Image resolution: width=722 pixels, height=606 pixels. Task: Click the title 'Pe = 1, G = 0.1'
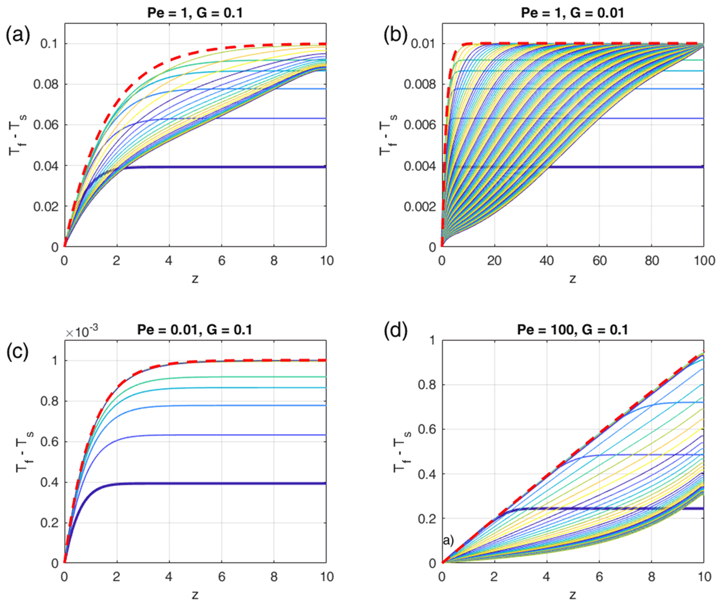pos(195,13)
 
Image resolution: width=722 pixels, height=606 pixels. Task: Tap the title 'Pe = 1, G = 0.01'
pos(573,13)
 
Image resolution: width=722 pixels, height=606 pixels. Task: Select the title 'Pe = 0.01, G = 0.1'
pos(195,330)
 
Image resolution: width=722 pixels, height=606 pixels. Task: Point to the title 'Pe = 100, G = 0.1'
pos(573,330)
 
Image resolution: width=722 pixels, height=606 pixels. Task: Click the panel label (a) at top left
pos(18,35)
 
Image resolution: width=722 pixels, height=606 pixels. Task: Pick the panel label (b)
pos(395,35)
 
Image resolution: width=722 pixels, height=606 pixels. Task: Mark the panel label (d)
pos(395,330)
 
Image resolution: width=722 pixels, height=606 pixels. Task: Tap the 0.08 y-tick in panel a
pos(46,85)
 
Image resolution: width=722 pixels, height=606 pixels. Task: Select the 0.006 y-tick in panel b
pos(420,125)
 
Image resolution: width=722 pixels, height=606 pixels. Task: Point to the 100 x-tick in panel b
pos(703,261)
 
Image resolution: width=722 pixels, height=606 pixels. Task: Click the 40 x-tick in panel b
pos(547,261)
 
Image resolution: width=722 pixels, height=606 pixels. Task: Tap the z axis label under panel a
pos(195,279)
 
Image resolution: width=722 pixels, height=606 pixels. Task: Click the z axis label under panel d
pos(573,594)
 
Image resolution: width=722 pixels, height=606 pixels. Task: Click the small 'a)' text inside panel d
pos(448,541)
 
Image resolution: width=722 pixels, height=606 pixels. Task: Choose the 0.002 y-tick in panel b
pos(420,207)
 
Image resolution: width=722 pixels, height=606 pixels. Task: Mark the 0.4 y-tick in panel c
pos(49,483)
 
